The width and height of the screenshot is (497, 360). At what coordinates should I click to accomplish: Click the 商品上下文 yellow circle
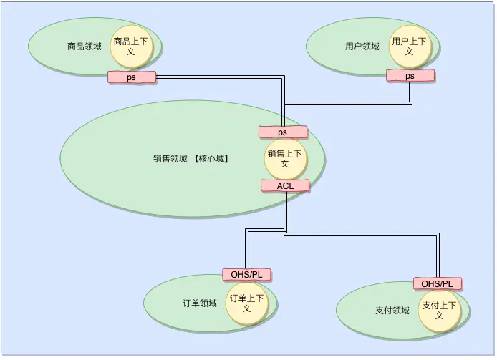coord(131,47)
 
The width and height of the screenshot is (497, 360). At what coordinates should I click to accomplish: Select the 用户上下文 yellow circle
coord(409,47)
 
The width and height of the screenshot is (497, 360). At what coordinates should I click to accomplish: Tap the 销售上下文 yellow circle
coord(284,159)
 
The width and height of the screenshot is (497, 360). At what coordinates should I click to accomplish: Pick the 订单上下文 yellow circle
coord(246,303)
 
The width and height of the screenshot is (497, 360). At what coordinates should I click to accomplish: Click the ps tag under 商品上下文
coord(131,77)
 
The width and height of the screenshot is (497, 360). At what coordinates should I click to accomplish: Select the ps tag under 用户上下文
coord(410,75)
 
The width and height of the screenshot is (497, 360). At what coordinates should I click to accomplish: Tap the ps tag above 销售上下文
coord(282,132)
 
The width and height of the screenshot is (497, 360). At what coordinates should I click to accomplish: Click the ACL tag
coord(284,185)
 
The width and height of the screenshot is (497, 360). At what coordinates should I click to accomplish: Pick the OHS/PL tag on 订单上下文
coord(246,274)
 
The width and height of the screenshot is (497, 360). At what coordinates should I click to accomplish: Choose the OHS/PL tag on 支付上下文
coord(437,283)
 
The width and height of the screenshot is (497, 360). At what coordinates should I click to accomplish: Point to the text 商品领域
coord(84,47)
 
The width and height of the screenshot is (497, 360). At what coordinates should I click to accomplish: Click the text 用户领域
coord(362,47)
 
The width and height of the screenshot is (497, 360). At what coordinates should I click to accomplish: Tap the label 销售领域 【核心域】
coord(190,159)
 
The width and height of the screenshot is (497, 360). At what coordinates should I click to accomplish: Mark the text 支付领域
coord(392,310)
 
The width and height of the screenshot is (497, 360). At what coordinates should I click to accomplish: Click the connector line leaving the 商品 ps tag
coord(215,77)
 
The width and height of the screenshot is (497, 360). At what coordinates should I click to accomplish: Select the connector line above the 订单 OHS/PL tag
coord(246,250)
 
